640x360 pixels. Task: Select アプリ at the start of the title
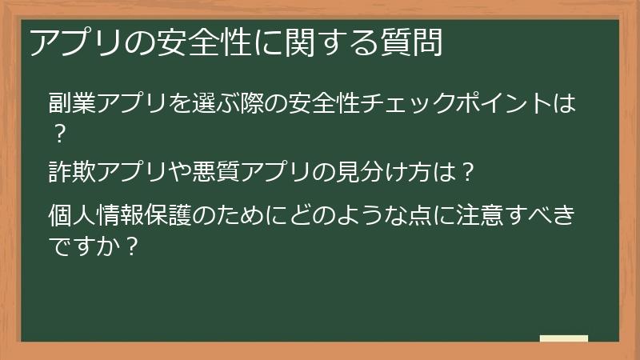tap(73, 42)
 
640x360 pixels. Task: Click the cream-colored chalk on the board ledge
tap(563, 338)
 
